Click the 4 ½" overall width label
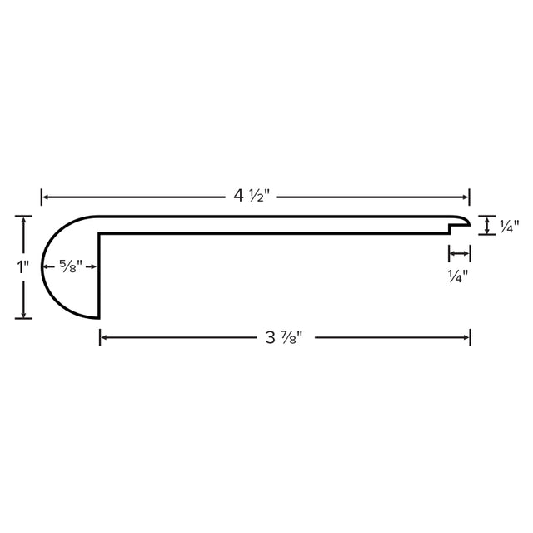click(252, 197)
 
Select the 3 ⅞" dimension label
click(283, 337)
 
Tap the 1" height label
click(22, 266)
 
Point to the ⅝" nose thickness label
click(71, 266)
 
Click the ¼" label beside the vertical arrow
click(509, 227)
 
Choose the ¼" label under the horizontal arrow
click(458, 276)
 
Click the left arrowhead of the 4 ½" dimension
click(45, 197)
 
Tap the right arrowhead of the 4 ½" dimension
click(466, 197)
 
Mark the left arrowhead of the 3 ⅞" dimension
click(104, 337)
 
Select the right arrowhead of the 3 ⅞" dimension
click(466, 337)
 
